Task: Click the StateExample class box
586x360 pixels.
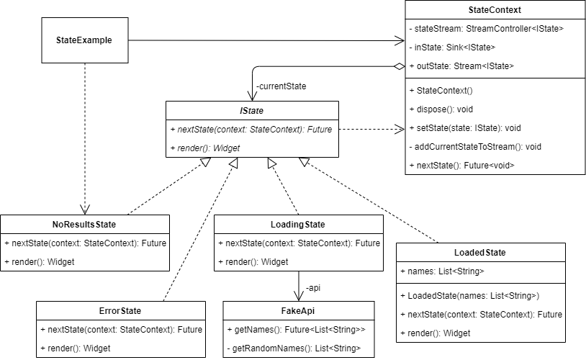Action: (84, 40)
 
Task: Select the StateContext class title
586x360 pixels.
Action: (495, 11)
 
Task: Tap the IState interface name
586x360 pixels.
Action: (252, 111)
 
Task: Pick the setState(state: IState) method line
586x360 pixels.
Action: (464, 128)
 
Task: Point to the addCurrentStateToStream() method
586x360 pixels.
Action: (475, 146)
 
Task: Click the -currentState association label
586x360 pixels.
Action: (281, 86)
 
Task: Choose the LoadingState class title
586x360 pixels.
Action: (297, 225)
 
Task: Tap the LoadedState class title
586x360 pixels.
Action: (480, 253)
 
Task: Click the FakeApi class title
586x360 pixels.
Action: (298, 311)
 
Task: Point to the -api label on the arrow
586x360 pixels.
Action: (312, 288)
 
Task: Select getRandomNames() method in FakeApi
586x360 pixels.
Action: (292, 348)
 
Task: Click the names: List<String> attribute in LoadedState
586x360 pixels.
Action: (442, 271)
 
